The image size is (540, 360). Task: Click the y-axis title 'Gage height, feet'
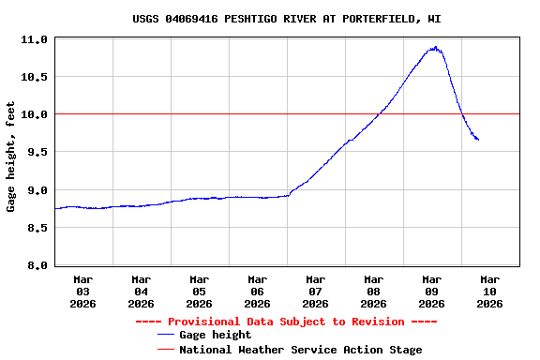[11, 157]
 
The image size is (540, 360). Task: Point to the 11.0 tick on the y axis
[35, 39]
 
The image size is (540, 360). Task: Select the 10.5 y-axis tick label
[35, 77]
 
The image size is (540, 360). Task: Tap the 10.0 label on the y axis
[35, 114]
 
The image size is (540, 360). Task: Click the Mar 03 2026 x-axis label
[83, 291]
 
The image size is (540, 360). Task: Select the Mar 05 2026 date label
[200, 291]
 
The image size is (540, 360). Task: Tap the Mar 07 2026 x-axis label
[316, 291]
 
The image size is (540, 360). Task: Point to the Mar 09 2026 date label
[432, 291]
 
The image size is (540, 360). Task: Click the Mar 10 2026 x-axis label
[490, 291]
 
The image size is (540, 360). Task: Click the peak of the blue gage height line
[435, 47]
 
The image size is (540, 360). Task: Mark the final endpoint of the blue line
[478, 140]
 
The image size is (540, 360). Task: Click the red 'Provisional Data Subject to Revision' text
[286, 322]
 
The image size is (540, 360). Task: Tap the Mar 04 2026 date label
[142, 291]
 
